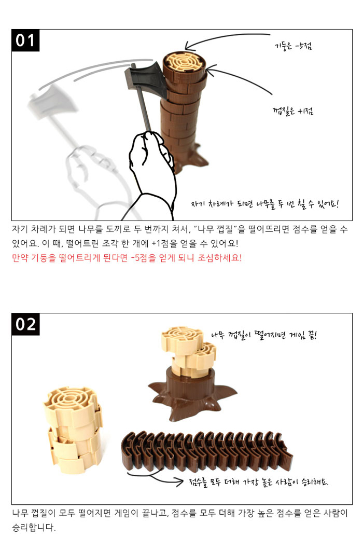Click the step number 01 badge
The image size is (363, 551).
tap(25, 40)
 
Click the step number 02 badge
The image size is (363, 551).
tap(25, 324)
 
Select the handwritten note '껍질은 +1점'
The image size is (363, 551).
tap(293, 111)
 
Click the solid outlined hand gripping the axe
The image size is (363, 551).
tap(151, 169)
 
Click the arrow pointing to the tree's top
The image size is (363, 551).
tap(225, 39)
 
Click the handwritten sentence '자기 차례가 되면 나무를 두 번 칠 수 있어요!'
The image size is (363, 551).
tap(264, 204)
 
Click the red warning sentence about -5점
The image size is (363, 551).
tap(127, 258)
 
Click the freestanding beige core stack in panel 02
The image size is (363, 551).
tap(74, 430)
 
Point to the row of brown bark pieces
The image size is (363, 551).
tap(207, 451)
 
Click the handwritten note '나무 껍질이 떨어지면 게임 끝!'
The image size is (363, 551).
tap(264, 335)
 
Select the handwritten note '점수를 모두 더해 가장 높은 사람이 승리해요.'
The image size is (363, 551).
tap(259, 482)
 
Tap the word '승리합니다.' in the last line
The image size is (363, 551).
tap(34, 528)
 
